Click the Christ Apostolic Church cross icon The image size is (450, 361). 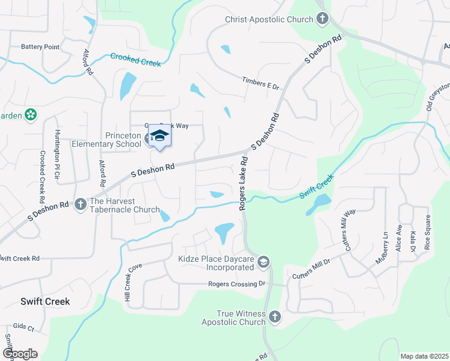click(x=322, y=19)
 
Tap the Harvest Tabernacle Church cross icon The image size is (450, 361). click(x=81, y=205)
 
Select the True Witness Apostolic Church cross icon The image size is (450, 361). click(x=275, y=316)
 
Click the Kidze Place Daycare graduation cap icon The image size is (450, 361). click(x=263, y=262)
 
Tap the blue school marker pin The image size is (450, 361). click(x=159, y=135)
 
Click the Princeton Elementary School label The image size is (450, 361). click(x=106, y=140)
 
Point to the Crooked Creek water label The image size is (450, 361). click(x=135, y=60)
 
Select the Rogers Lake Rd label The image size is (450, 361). click(x=244, y=183)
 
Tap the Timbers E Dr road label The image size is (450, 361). click(x=261, y=84)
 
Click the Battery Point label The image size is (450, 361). click(x=40, y=46)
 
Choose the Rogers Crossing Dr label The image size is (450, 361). click(x=236, y=284)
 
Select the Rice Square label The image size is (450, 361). click(x=428, y=232)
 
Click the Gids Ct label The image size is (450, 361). click(x=23, y=329)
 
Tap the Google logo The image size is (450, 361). click(x=20, y=353)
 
